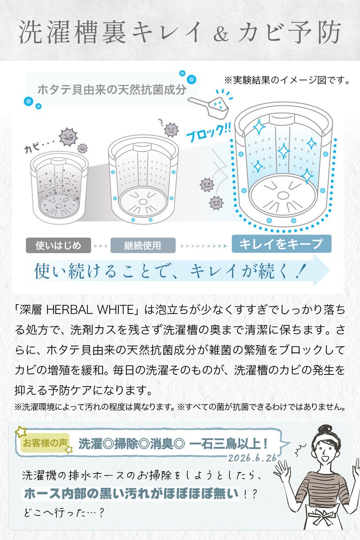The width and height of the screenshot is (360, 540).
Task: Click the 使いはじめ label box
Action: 58,245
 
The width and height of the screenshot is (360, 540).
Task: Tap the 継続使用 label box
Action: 143,245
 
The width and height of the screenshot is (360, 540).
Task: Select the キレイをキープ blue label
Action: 282,244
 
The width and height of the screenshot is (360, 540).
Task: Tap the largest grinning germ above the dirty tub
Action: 69,137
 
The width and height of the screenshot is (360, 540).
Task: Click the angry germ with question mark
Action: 171,130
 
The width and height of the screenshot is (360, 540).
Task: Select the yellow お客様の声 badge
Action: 45,443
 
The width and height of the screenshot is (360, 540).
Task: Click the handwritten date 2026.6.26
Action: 252,458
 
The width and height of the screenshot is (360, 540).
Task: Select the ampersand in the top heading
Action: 220,34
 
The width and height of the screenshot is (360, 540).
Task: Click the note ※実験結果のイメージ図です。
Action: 287,80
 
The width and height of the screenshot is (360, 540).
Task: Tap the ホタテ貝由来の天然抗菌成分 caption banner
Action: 112,90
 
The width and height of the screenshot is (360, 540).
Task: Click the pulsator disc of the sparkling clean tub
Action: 283,195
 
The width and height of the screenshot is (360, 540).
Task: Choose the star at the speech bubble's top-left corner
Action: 21,432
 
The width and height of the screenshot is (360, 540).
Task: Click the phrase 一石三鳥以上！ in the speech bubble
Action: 229,444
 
